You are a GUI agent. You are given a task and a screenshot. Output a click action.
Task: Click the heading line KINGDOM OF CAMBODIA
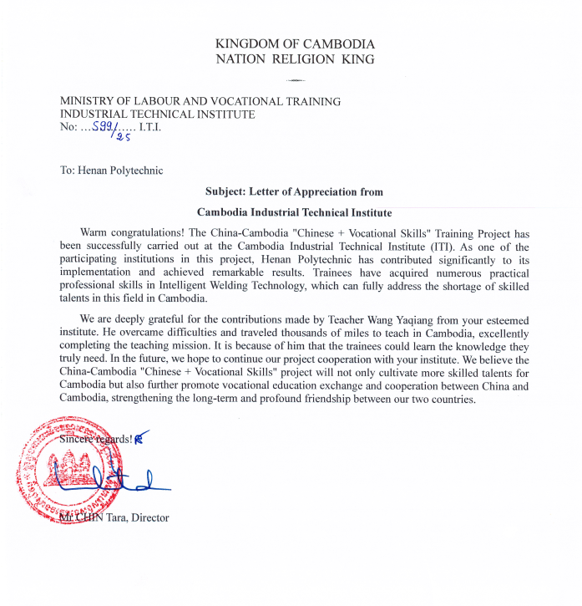coord(295,43)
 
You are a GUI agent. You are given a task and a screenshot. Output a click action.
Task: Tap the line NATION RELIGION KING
coord(295,59)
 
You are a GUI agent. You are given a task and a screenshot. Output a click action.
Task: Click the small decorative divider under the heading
coord(295,80)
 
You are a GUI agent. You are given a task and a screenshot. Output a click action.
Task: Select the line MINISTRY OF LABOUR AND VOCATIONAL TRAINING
coord(200,101)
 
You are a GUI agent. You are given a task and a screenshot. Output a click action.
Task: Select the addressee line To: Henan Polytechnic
coord(111,171)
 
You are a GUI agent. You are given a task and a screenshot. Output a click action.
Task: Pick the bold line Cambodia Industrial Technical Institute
coord(295,212)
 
